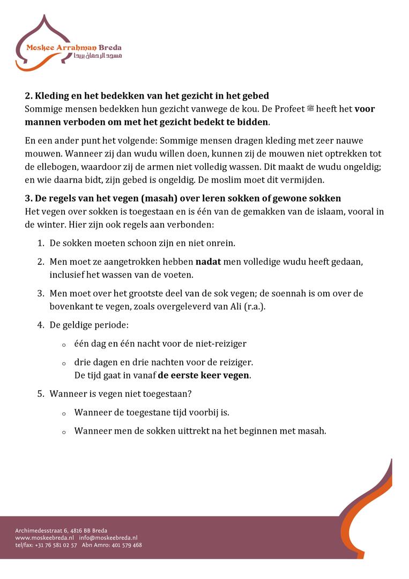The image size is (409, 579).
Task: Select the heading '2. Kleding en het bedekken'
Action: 147,96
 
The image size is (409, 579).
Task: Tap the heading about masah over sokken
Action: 183,199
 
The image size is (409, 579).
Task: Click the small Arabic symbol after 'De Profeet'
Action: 310,109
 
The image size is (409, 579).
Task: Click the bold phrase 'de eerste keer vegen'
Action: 204,375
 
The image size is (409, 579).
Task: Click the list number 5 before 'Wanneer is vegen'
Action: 40,394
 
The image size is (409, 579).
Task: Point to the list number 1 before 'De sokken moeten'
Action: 40,243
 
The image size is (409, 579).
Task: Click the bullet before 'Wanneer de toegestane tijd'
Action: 64,413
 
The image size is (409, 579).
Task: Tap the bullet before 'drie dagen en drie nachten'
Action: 64,363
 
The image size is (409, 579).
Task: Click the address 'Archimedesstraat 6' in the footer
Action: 39,530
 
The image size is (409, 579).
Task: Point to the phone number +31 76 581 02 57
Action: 56,545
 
